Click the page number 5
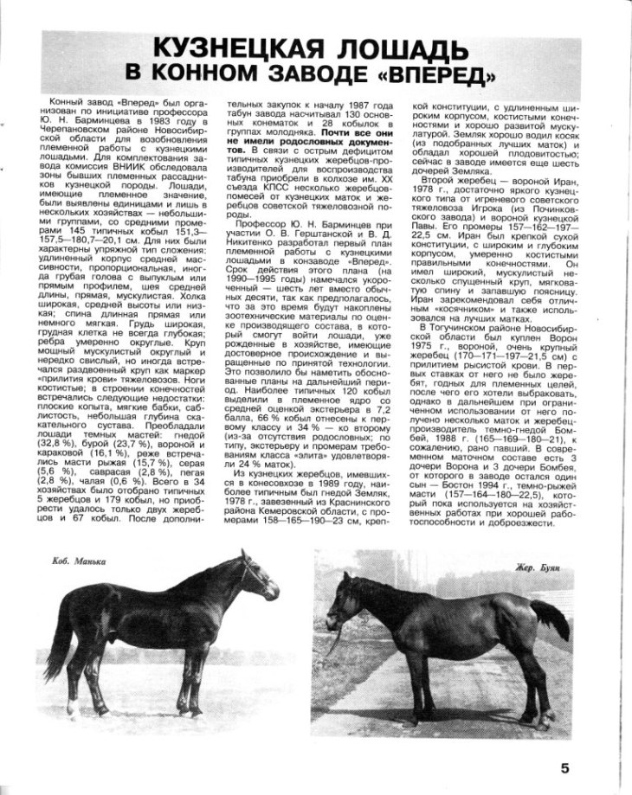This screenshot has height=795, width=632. [x=564, y=768]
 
